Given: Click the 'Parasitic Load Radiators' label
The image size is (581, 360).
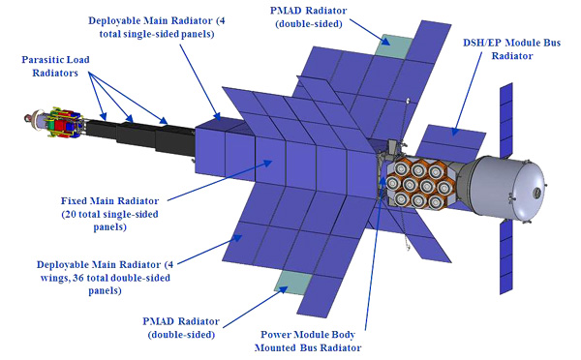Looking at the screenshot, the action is [55, 66].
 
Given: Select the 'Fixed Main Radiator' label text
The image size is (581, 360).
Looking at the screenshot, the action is [109, 201].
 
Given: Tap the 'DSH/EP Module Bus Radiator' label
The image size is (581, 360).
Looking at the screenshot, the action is [511, 49].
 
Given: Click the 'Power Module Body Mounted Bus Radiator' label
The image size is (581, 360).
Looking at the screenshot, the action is [308, 341].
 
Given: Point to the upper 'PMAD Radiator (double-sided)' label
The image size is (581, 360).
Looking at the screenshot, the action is [308, 17].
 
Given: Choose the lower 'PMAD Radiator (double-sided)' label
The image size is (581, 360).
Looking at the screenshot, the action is [181, 328].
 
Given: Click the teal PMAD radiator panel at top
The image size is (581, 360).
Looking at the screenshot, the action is [393, 45].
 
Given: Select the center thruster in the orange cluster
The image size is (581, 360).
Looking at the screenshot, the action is [418, 185].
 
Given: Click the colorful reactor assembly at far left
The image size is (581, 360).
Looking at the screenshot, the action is [55, 123].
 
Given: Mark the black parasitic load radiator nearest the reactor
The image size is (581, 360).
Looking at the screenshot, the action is [101, 131].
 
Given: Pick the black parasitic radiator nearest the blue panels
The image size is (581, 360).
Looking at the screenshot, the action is [175, 140].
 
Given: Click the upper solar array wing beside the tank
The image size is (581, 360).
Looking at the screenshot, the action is [506, 121].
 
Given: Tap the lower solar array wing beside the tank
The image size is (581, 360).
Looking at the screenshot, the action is [506, 256].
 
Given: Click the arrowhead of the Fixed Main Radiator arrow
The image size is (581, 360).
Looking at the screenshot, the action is [269, 162].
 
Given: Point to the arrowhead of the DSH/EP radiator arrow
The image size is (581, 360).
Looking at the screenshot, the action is [454, 132].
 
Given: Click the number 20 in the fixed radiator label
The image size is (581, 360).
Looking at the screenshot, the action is [72, 214].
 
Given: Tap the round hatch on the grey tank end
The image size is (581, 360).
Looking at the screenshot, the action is [536, 193].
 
